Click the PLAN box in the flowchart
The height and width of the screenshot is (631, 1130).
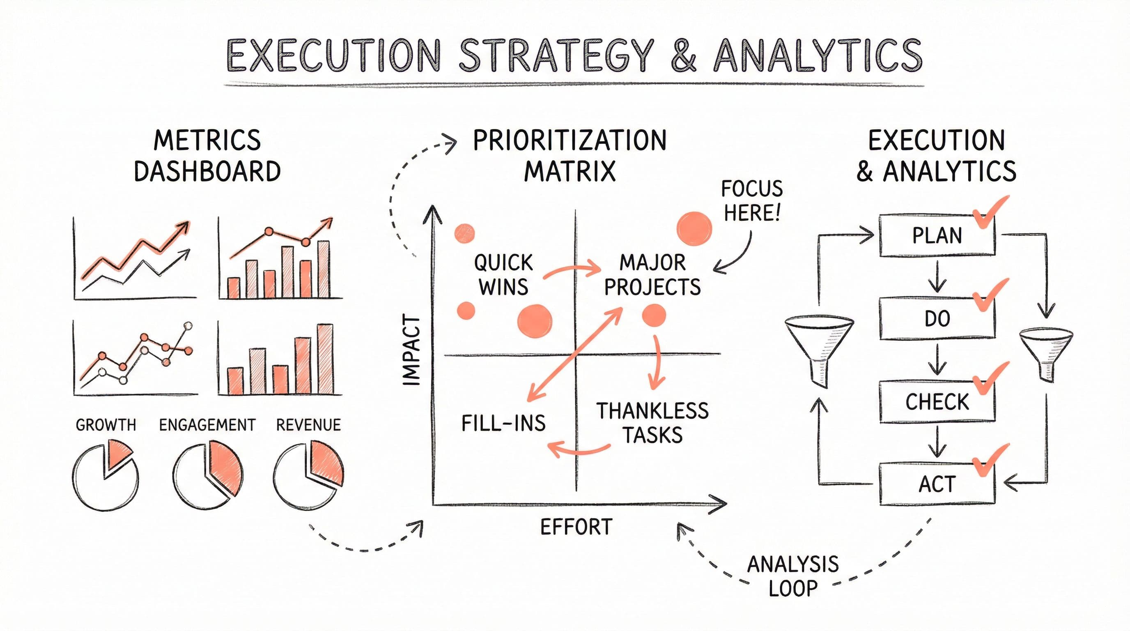pyautogui.click(x=937, y=236)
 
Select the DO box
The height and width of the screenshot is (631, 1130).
pyautogui.click(x=937, y=318)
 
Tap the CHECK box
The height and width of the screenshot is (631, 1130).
pyautogui.click(x=937, y=401)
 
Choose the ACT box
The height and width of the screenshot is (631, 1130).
pyautogui.click(x=937, y=484)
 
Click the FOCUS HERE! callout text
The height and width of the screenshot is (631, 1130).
pyautogui.click(x=752, y=201)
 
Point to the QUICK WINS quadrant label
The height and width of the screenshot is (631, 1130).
pyautogui.click(x=503, y=275)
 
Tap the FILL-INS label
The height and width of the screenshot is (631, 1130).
pyautogui.click(x=503, y=423)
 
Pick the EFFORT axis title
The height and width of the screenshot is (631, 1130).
pyautogui.click(x=576, y=527)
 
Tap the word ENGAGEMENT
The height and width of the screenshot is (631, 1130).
pyautogui.click(x=207, y=425)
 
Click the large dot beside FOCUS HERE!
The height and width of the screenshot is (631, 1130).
pyautogui.click(x=694, y=228)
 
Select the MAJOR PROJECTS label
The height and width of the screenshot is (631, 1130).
pyautogui.click(x=652, y=275)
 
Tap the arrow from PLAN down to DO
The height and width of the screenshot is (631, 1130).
pyautogui.click(x=937, y=277)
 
